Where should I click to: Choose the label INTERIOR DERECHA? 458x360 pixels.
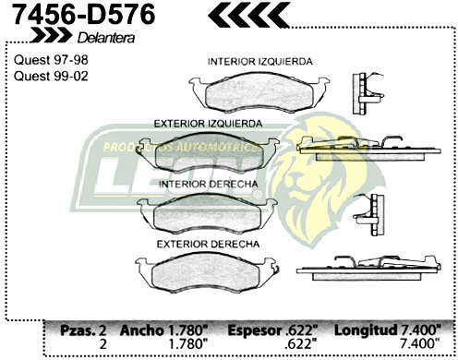click(207, 185)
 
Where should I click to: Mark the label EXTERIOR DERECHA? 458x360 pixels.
click(207, 244)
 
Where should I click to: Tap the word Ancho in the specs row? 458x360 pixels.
click(144, 329)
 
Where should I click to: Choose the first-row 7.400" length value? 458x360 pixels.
click(420, 329)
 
